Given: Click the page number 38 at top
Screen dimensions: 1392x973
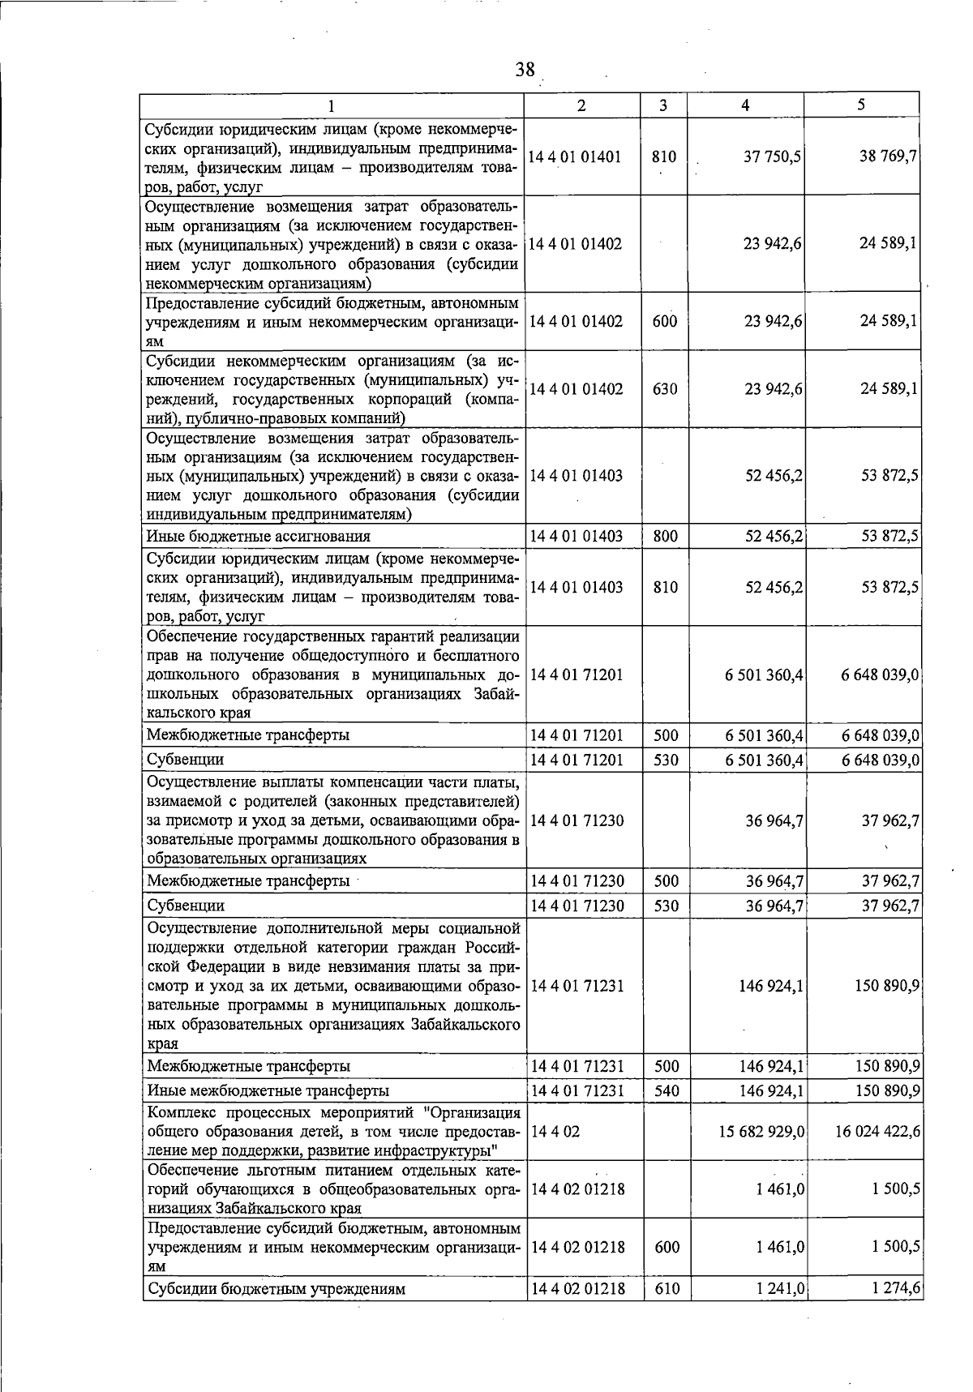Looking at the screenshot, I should [525, 70].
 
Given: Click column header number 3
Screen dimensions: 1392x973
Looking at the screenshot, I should [663, 105].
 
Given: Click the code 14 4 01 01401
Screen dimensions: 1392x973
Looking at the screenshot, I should [575, 156].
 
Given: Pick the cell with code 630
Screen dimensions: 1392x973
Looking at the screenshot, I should [665, 389].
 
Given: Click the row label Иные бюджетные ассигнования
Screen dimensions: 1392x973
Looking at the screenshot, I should [258, 536].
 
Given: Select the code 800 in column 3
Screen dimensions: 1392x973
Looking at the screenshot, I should [665, 536].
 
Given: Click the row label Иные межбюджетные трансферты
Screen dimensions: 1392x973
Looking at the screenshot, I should [268, 1090].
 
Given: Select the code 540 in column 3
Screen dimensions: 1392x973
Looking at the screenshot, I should [666, 1090].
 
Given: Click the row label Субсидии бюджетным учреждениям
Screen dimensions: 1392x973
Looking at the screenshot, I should [276, 1288].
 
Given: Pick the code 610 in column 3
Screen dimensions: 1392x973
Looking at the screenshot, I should [667, 1288].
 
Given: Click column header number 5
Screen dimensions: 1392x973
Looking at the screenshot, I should [861, 105].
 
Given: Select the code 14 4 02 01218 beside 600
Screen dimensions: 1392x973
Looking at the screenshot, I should [577, 1247].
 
